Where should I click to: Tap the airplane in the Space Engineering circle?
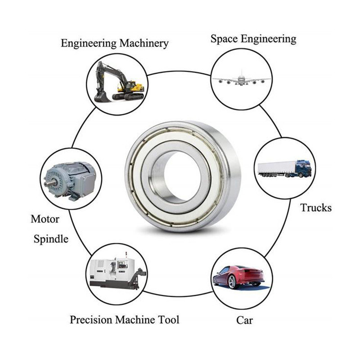coord(241,79)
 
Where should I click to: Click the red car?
coord(238,275)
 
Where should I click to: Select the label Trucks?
coord(316,207)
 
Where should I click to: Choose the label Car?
coord(244,320)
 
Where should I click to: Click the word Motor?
coord(45,220)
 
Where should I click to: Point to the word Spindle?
coord(51,238)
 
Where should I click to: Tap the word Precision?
coord(91,320)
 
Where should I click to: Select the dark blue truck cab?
coord(303,168)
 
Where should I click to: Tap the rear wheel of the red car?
coord(232,282)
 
